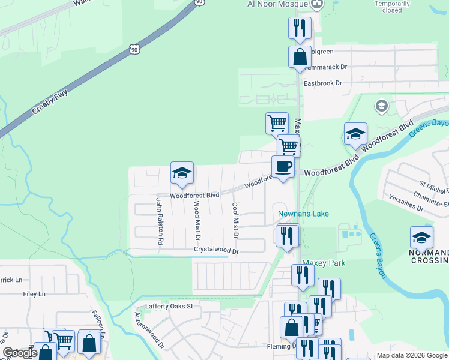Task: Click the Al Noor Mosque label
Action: (277, 4)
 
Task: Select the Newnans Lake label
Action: (303, 214)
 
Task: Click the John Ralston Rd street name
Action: (160, 222)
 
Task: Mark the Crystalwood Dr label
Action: (216, 250)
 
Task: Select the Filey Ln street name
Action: (34, 294)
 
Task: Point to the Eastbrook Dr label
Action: (322, 83)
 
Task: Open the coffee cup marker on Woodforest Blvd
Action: (283, 167)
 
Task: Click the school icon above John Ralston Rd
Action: (182, 173)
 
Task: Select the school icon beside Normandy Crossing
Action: (421, 238)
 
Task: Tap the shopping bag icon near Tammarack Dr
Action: (300, 58)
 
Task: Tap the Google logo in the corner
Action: (19, 353)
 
